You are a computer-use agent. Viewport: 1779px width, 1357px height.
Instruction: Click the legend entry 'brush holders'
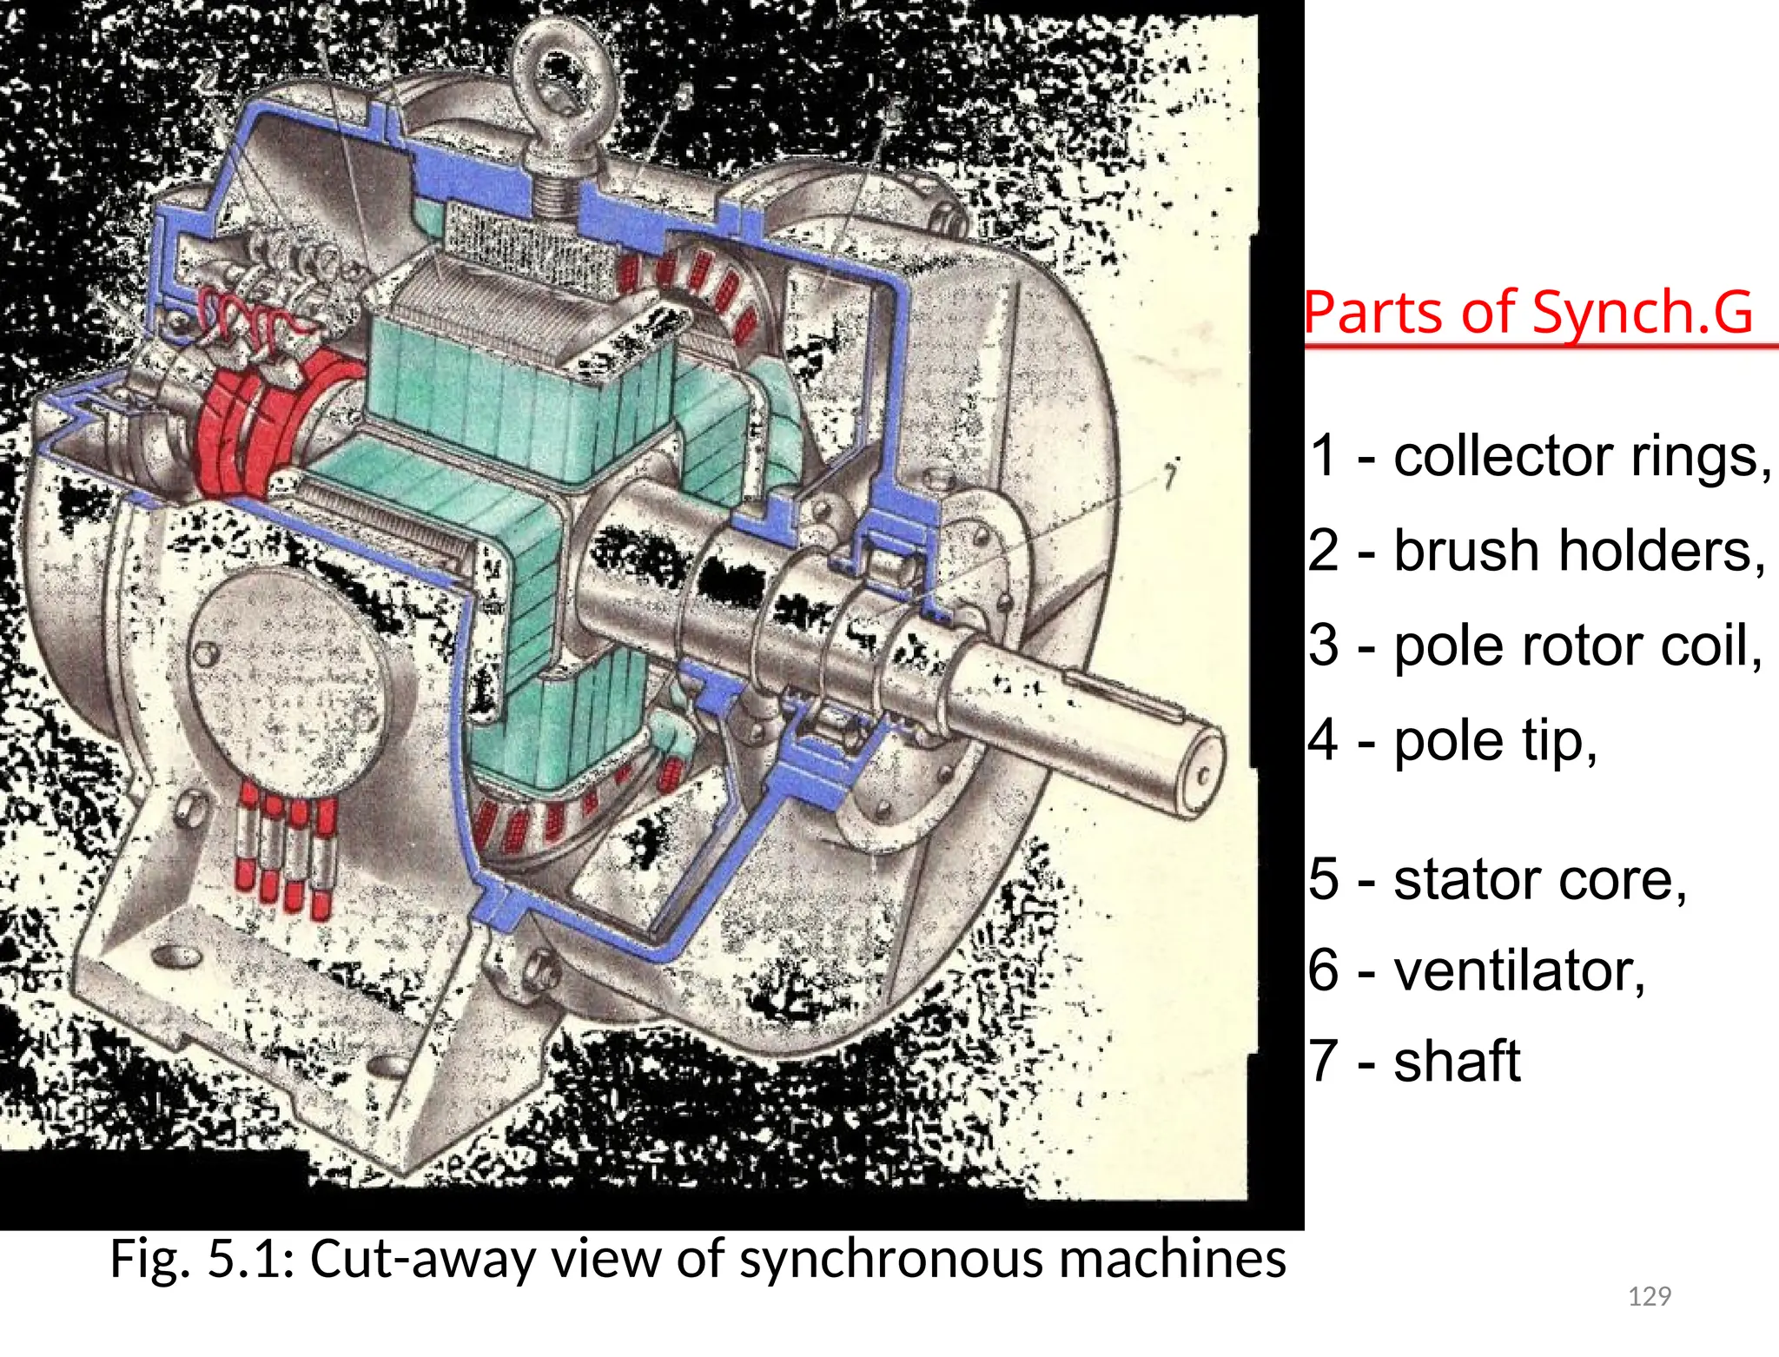point(1577,551)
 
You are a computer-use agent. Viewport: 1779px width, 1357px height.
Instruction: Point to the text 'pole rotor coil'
point(1577,646)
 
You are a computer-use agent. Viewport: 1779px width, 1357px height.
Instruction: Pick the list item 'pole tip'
point(1494,741)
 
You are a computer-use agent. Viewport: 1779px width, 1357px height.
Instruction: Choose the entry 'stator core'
point(1538,879)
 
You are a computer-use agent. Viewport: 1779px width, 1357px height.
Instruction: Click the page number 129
point(1649,1296)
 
